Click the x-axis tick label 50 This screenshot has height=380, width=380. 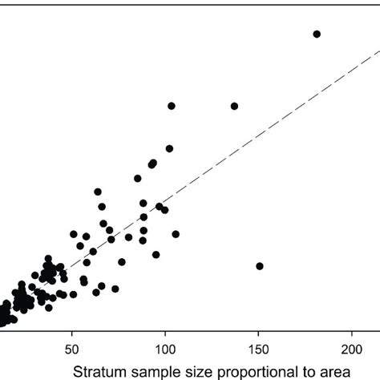(x=72, y=350)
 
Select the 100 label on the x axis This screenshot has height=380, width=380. (x=165, y=350)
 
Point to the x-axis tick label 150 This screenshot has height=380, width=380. (x=258, y=350)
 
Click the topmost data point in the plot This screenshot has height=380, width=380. (x=317, y=34)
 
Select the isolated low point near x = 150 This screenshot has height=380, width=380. (x=260, y=266)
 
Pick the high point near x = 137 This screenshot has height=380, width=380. (x=235, y=106)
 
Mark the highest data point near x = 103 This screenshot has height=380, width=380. (x=172, y=106)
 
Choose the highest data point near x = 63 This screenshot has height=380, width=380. (x=98, y=192)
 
